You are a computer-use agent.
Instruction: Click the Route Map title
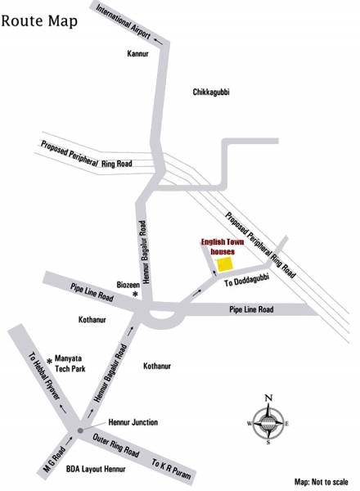[40, 20]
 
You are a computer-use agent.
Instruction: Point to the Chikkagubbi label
[211, 92]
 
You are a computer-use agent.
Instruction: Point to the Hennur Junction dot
[79, 430]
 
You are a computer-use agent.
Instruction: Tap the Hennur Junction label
[133, 422]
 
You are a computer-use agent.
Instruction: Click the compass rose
[268, 421]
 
